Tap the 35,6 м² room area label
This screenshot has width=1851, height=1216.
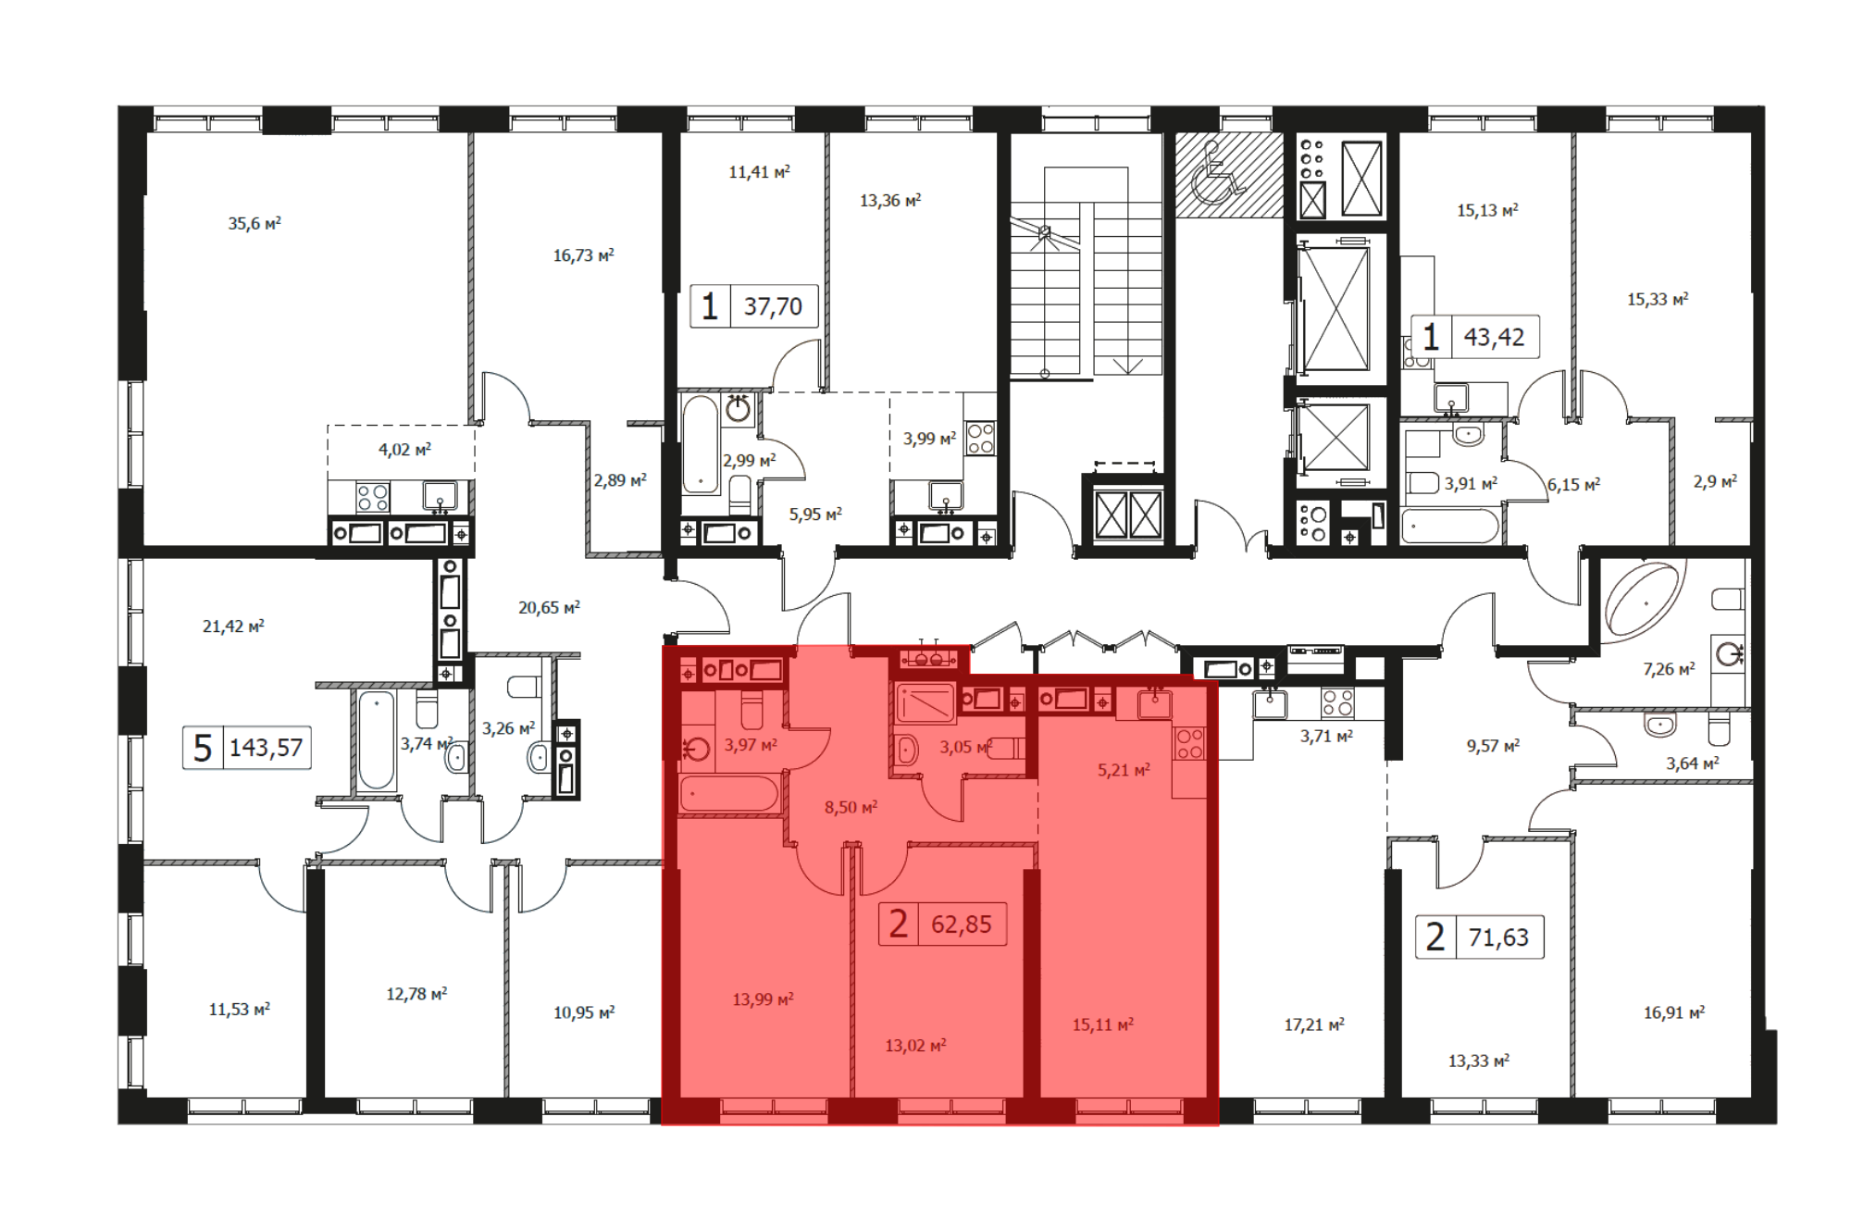point(255,223)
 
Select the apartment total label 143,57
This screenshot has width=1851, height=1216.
point(266,747)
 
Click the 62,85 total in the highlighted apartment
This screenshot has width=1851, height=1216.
point(961,924)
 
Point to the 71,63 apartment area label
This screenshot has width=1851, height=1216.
point(1498,937)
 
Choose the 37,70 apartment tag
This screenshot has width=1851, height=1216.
point(773,306)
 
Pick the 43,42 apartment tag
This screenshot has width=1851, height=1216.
point(1494,337)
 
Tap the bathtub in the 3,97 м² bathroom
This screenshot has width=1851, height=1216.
point(729,794)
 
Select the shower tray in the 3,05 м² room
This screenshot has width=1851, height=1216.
point(925,702)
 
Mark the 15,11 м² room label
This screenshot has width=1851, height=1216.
point(1102,1024)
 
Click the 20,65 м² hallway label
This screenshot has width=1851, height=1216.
point(549,607)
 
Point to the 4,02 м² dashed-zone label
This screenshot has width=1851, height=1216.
point(404,450)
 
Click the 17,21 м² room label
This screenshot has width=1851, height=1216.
point(1314,1024)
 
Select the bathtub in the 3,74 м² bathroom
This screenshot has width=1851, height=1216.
point(377,740)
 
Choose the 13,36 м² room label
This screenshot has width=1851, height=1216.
point(890,200)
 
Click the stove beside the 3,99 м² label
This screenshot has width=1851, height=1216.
point(980,438)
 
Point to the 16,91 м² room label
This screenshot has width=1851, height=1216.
point(1674,1012)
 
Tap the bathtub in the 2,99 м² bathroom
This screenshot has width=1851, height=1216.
point(701,445)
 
